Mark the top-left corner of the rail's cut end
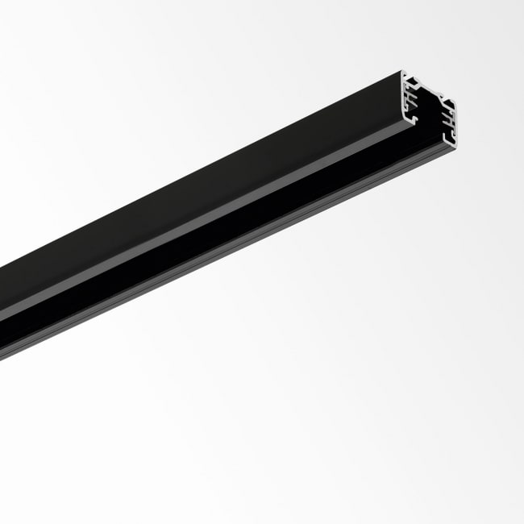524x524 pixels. [402, 73]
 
